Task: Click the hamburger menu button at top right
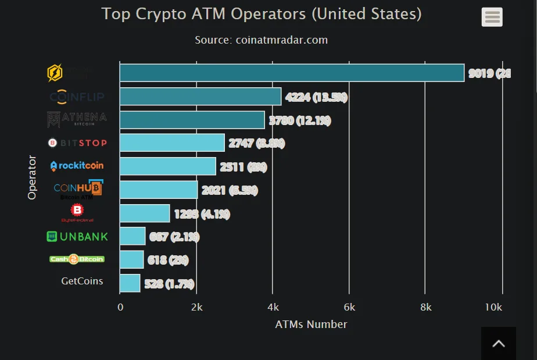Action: (x=492, y=17)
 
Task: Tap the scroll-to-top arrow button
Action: (x=498, y=344)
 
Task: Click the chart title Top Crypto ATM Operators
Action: (x=262, y=13)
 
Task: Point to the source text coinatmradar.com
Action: (x=262, y=40)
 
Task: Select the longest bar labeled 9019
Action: (x=292, y=73)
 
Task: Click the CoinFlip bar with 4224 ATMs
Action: (x=201, y=97)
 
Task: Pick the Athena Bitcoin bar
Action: (x=192, y=120)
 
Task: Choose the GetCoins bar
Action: (x=130, y=283)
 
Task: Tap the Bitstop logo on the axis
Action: (x=77, y=142)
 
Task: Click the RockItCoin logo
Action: (x=77, y=166)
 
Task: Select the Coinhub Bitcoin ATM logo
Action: (x=77, y=190)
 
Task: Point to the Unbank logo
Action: (x=77, y=237)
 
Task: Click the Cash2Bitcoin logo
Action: (x=77, y=259)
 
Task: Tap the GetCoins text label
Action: (x=82, y=281)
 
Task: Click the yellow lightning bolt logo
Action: (x=55, y=73)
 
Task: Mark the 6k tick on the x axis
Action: (x=349, y=307)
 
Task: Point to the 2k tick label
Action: (x=196, y=307)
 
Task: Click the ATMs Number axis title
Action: (x=311, y=325)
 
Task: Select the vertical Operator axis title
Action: (x=32, y=177)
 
